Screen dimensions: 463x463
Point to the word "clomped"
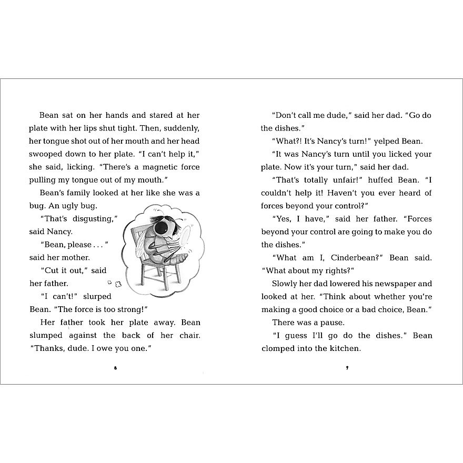[x=279, y=348]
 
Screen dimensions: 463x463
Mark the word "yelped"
[x=386, y=141]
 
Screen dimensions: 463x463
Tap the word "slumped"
[x=46, y=335]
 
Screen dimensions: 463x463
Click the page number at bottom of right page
[x=347, y=368]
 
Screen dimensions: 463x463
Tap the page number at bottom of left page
[x=115, y=368]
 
